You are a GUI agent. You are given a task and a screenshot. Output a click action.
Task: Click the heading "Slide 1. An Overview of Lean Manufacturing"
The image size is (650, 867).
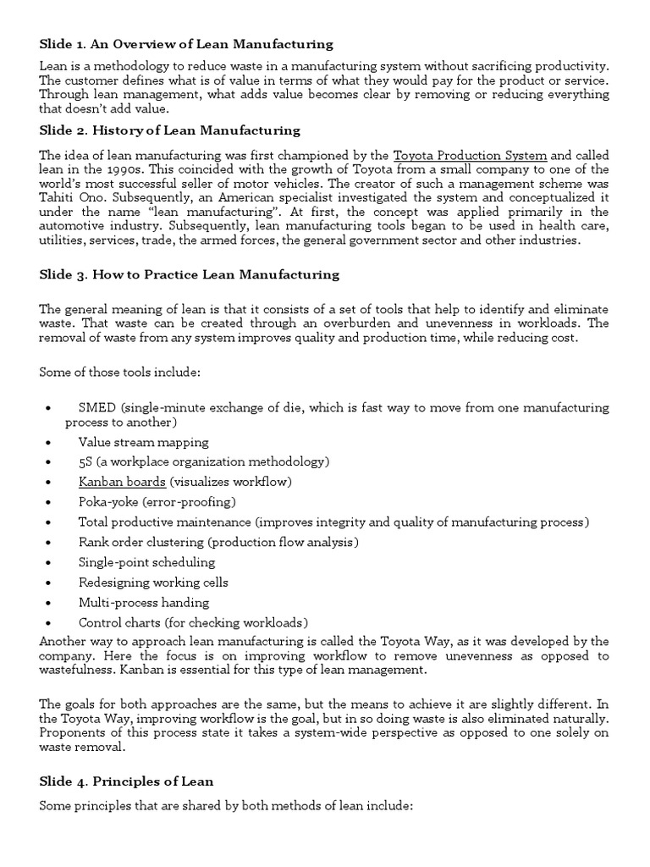(x=186, y=44)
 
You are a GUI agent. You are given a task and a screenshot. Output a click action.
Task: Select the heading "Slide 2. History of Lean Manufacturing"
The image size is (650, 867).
(x=170, y=130)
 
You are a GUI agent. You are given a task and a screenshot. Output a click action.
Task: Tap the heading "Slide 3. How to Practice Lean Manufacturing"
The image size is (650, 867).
(x=190, y=274)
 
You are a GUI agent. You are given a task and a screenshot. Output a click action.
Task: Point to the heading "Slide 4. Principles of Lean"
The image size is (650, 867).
(x=126, y=781)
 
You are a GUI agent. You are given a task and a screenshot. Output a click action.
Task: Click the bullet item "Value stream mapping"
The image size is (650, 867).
(x=143, y=442)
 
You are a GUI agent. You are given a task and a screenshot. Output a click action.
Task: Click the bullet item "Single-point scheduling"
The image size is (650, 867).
(x=146, y=562)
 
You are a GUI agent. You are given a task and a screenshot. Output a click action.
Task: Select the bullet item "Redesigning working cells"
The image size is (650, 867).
(x=153, y=583)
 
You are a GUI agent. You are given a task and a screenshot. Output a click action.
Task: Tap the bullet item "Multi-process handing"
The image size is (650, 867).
(x=143, y=603)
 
